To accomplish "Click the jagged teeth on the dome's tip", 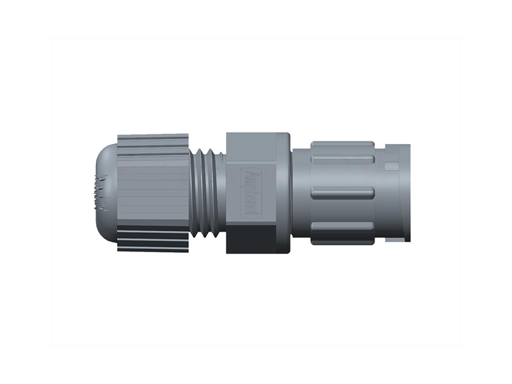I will [x=100, y=192].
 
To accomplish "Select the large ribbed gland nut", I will [x=153, y=192].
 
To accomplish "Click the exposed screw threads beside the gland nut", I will [x=207, y=193].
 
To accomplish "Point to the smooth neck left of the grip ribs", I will [x=301, y=192].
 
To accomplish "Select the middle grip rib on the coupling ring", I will [x=342, y=193].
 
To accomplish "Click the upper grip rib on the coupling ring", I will [x=342, y=159].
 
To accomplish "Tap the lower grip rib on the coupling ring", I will [x=342, y=227].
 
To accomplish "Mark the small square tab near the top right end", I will [x=392, y=167].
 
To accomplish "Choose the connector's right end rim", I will [x=405, y=192].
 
